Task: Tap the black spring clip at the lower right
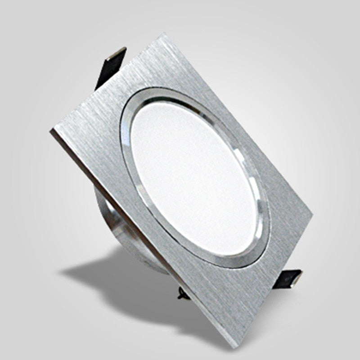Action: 288,277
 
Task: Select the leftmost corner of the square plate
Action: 51,130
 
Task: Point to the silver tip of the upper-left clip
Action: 121,51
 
